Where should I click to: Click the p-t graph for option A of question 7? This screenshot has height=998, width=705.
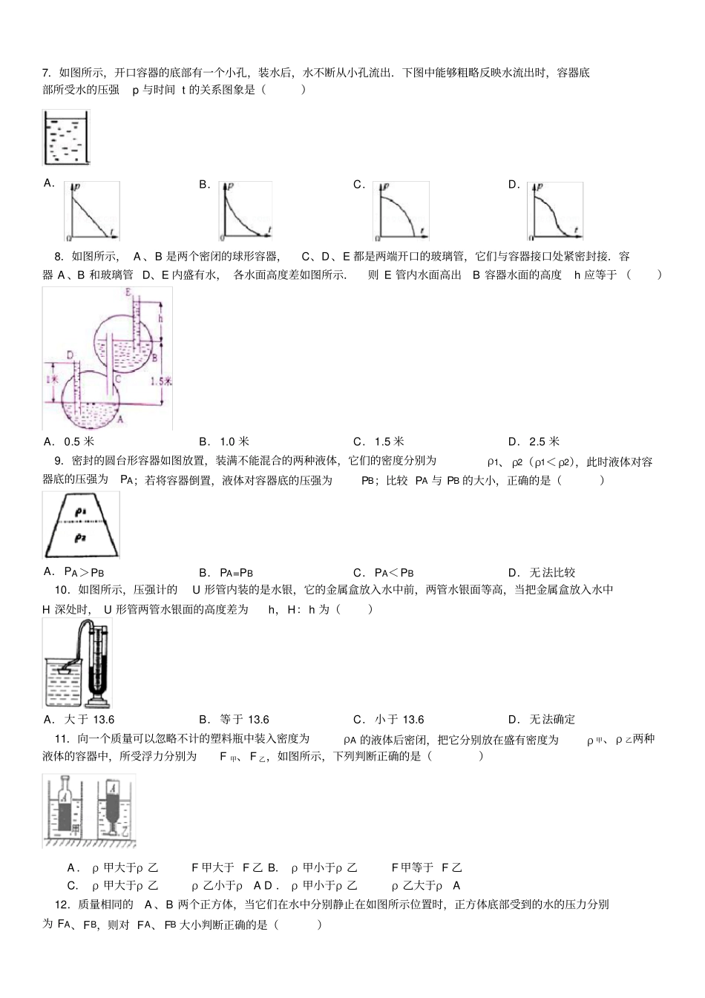(93, 211)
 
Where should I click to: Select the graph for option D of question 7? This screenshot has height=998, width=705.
(555, 211)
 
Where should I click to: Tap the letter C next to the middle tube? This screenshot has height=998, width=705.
(117, 378)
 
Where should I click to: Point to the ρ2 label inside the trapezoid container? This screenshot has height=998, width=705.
(81, 536)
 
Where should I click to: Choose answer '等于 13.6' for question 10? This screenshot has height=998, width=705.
(244, 719)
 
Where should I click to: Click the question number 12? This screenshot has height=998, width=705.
(62, 904)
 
